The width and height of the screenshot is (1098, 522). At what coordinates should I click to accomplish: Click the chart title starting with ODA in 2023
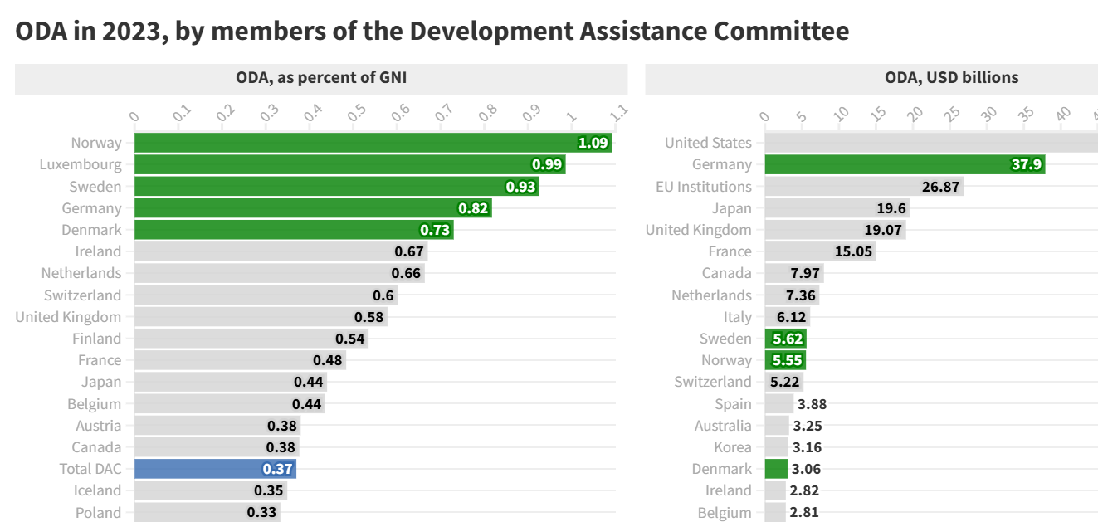432,32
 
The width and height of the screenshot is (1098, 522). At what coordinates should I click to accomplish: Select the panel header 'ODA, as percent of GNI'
321,78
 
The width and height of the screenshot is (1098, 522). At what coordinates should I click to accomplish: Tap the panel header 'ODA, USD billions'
951,78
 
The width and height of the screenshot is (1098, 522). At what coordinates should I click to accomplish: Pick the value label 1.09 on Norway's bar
593,143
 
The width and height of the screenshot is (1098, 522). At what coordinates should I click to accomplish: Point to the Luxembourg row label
81,164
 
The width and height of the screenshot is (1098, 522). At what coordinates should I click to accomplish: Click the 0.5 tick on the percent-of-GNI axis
357,114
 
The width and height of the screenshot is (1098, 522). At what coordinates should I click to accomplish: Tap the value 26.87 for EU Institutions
940,187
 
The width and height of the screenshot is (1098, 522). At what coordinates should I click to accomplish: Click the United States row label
708,143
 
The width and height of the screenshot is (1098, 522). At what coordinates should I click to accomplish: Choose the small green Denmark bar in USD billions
776,469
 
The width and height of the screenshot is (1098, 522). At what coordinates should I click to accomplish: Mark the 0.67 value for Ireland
409,251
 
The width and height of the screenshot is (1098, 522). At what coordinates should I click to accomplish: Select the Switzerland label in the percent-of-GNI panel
82,295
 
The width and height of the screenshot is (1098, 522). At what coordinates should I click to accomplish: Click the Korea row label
733,447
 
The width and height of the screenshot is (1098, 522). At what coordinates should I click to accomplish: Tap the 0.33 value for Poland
261,512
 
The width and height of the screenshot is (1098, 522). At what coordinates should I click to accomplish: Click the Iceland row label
97,490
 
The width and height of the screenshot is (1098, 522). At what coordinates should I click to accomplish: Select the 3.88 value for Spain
812,404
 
